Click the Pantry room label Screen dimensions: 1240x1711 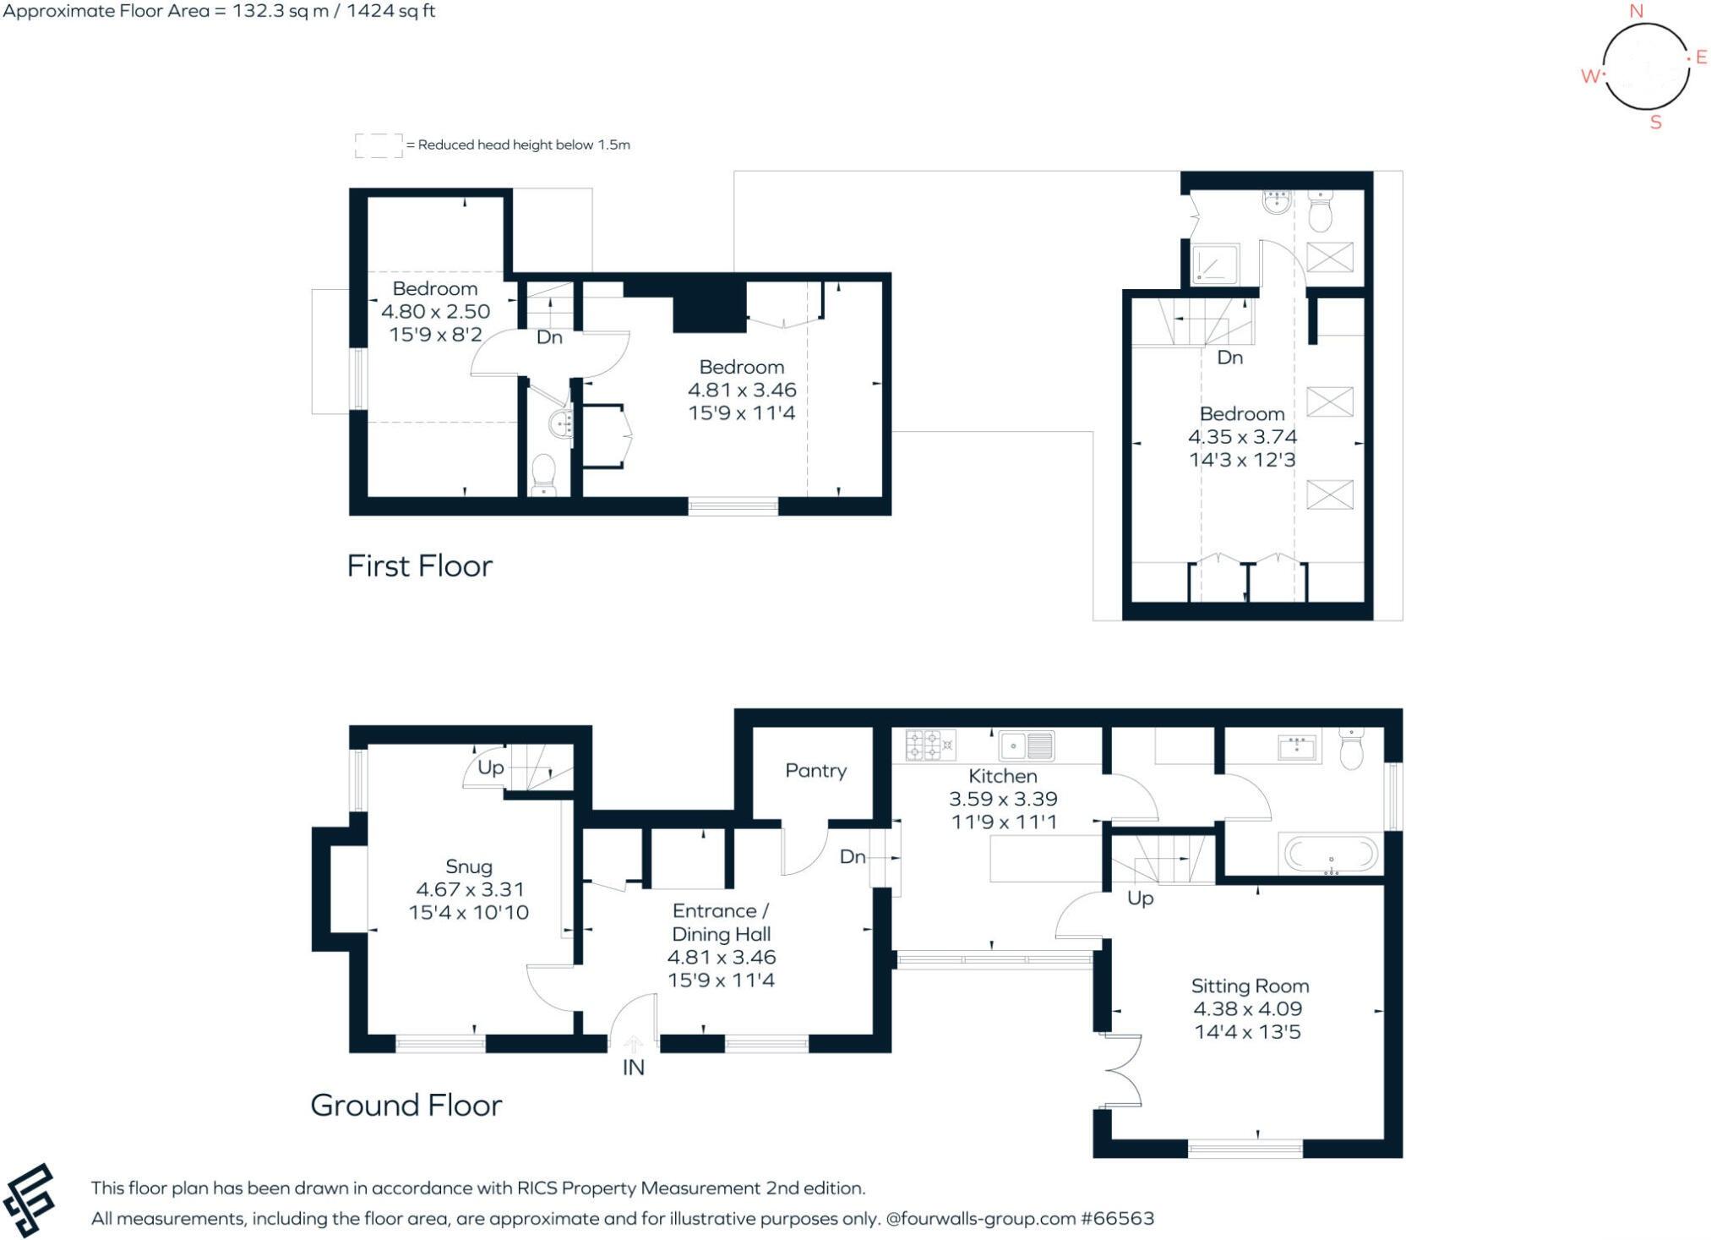pyautogui.click(x=815, y=770)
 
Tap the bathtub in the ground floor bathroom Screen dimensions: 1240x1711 pyautogui.click(x=1330, y=854)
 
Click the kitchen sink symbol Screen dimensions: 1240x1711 pyautogui.click(x=1027, y=746)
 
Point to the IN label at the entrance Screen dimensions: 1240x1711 pyautogui.click(x=633, y=1068)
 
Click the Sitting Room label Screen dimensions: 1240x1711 pyautogui.click(x=1249, y=986)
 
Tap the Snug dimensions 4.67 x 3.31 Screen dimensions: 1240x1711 pyautogui.click(x=470, y=889)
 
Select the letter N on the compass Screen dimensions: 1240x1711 pyautogui.click(x=1636, y=11)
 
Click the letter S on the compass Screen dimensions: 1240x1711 pyautogui.click(x=1655, y=123)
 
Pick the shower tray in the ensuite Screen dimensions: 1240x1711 pyautogui.click(x=1215, y=264)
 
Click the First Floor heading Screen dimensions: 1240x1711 pyautogui.click(x=419, y=565)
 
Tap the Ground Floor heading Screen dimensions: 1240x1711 pyautogui.click(x=406, y=1105)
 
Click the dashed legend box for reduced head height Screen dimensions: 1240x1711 pyautogui.click(x=378, y=145)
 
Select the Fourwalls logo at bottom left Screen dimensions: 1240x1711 pyautogui.click(x=29, y=1200)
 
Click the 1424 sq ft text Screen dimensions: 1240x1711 pyautogui.click(x=398, y=11)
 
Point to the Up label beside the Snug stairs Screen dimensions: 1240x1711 pyautogui.click(x=490, y=767)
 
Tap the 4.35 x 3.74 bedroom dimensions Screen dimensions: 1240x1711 pyautogui.click(x=1241, y=437)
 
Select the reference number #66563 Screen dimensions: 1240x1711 pyautogui.click(x=1117, y=1218)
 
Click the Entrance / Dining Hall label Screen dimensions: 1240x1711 pyautogui.click(x=721, y=922)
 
